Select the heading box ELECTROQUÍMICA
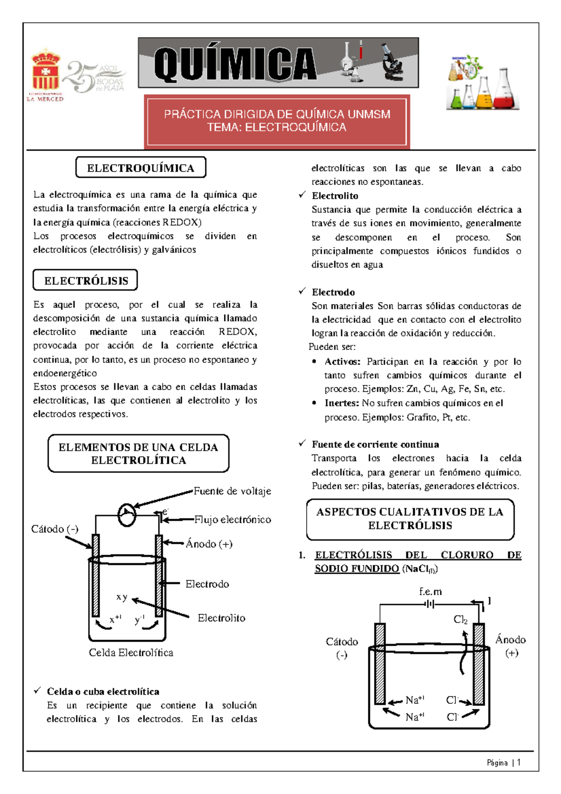tap(141, 168)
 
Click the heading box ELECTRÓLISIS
tap(86, 281)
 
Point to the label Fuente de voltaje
tap(232, 491)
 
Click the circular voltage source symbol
tap(126, 515)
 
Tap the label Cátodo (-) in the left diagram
tap(54, 529)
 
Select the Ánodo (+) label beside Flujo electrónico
tap(209, 544)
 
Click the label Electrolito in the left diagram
tap(221, 618)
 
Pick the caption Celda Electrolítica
tap(131, 653)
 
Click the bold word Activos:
tap(342, 361)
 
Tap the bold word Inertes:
tap(342, 403)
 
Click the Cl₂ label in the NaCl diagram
tap(460, 620)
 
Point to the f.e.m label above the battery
tap(430, 592)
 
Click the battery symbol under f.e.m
tap(430, 605)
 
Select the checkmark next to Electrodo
tap(302, 291)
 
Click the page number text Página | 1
tap(503, 763)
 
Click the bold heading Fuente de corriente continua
tap(375, 444)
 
